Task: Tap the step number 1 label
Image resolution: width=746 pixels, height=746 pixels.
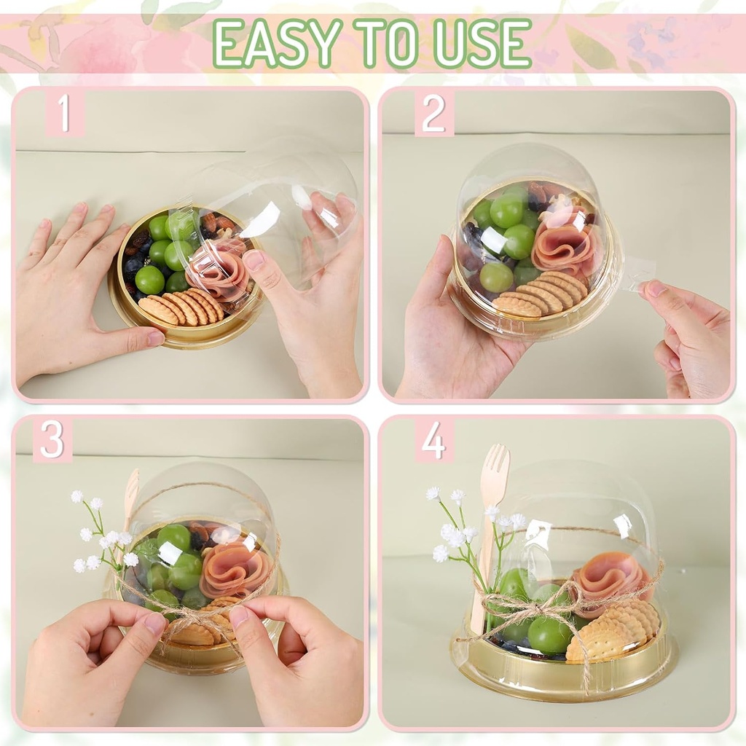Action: tap(64, 113)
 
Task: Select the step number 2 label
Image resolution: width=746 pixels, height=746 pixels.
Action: tap(433, 114)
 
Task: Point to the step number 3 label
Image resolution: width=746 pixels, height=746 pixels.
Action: tap(52, 440)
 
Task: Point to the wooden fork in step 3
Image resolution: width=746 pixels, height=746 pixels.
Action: tap(130, 504)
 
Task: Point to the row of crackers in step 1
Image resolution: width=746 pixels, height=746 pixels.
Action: tap(183, 307)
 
